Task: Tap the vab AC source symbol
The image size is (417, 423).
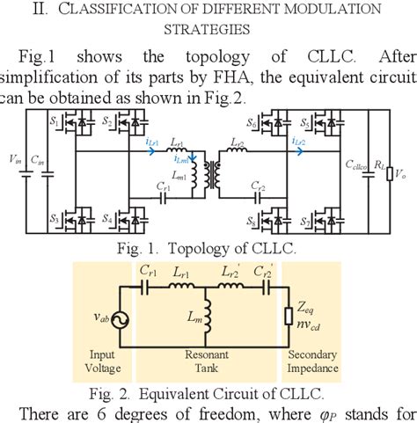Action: pyautogui.click(x=117, y=321)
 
